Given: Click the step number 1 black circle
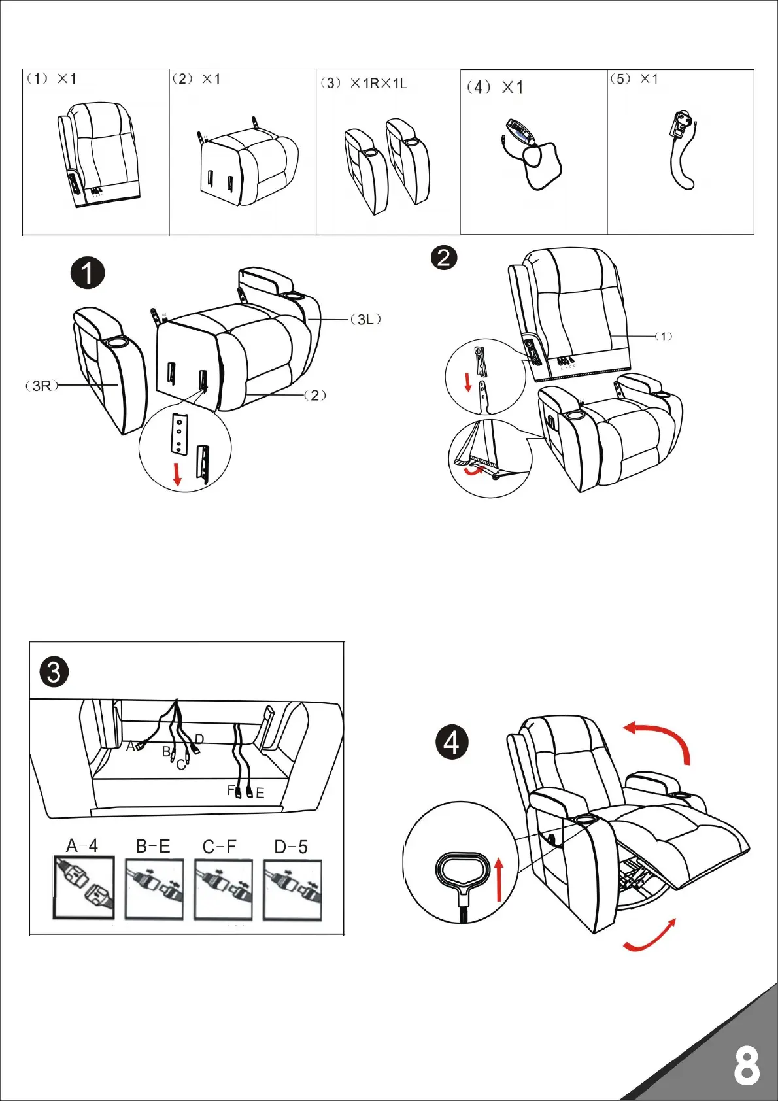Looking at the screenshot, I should [88, 273].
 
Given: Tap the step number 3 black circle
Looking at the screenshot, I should [54, 671].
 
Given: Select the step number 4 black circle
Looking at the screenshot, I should [452, 743].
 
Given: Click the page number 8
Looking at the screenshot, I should [747, 1066].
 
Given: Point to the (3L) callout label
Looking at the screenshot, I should [365, 319].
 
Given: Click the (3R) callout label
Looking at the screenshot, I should [41, 386].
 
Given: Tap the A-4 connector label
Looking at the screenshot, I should [82, 845].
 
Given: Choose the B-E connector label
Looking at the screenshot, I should [153, 846].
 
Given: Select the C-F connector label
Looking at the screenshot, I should [220, 847].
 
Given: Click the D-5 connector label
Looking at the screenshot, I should [291, 847].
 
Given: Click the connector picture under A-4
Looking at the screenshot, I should [84, 888].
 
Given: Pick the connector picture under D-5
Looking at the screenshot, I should [292, 890].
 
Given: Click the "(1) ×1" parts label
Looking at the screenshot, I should [51, 78].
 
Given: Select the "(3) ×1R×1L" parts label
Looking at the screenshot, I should [364, 83].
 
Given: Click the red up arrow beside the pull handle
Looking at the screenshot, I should [499, 880].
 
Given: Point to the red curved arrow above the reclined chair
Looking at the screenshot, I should [660, 739].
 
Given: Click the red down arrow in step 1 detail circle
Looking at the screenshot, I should [177, 473].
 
